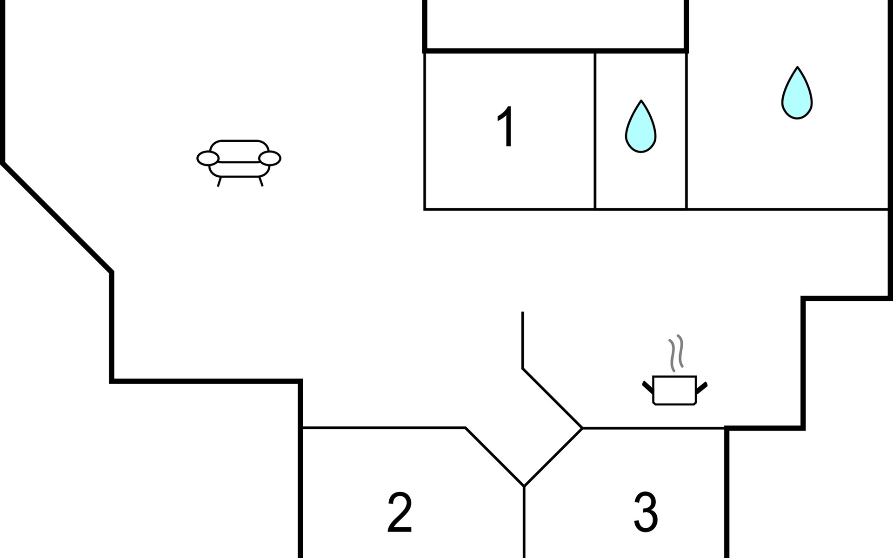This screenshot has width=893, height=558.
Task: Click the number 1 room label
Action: [x=506, y=126]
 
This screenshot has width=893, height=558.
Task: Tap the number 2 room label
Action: [x=400, y=512]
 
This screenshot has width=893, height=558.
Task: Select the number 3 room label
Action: [x=646, y=512]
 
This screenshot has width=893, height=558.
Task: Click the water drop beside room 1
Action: [x=640, y=126]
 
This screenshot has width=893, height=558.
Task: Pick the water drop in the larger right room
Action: [x=797, y=93]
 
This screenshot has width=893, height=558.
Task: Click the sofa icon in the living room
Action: [x=239, y=163]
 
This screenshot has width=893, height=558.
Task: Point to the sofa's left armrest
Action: [x=208, y=159]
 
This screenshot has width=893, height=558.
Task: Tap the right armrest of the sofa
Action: [x=270, y=159]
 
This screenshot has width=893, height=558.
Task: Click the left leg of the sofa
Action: [x=219, y=182]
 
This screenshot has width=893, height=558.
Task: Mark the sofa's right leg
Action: [x=261, y=182]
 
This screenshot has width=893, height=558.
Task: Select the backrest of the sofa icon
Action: [x=239, y=151]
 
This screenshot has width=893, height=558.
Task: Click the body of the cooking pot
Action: [x=674, y=390]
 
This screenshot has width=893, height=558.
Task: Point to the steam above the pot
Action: [x=676, y=353]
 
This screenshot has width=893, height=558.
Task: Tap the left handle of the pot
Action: [x=647, y=387]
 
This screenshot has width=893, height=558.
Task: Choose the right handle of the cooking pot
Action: [x=702, y=387]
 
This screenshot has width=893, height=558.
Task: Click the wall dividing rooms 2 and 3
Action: [x=524, y=522]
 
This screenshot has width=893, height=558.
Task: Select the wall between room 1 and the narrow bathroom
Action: [x=595, y=131]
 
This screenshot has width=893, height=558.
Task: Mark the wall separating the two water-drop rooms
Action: [x=686, y=131]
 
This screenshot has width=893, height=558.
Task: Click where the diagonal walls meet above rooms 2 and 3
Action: [x=524, y=486]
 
